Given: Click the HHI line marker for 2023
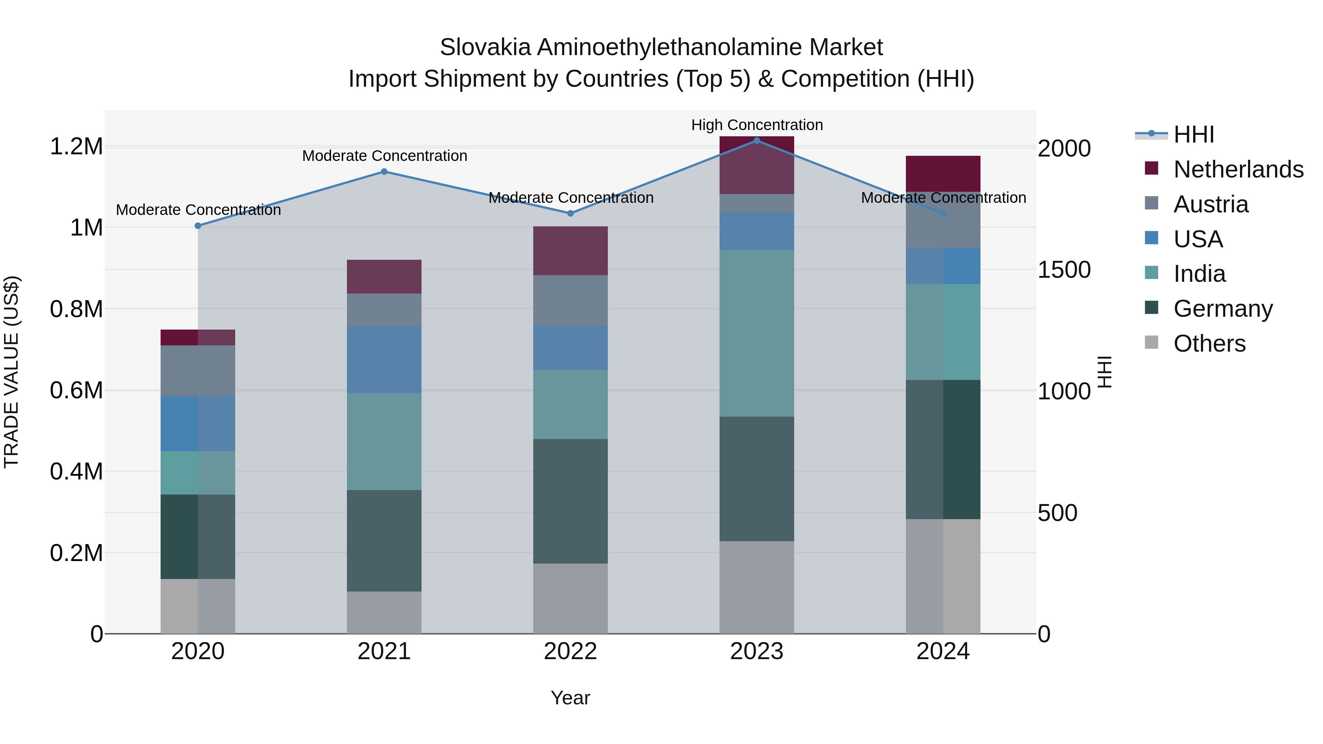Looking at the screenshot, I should pyautogui.click(x=757, y=140).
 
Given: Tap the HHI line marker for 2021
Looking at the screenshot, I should pyautogui.click(x=384, y=172).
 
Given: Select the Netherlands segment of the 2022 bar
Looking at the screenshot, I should pyautogui.click(x=570, y=251).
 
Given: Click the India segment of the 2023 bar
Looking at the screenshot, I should pyautogui.click(x=757, y=333).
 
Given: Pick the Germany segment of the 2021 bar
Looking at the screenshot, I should pyautogui.click(x=384, y=541).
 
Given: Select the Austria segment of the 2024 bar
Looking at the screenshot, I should pyautogui.click(x=943, y=220).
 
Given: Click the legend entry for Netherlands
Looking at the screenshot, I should pyautogui.click(x=1238, y=169).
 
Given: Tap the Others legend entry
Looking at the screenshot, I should pyautogui.click(x=1209, y=344).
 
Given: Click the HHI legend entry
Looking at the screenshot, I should pyautogui.click(x=1194, y=134).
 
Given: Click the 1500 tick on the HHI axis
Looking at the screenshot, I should pyautogui.click(x=1064, y=270).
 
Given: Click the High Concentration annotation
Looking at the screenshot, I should pyautogui.click(x=757, y=125).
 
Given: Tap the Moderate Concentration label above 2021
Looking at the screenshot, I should pyautogui.click(x=384, y=155).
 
